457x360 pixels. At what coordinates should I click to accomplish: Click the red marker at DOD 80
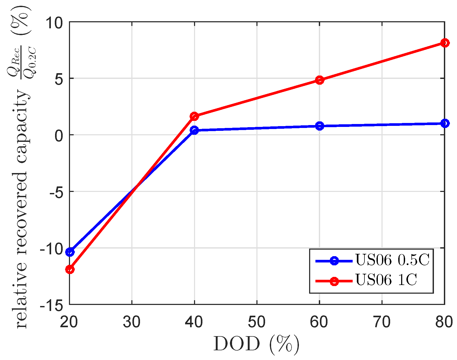[445, 43]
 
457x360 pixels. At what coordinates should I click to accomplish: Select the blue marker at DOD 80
[445, 123]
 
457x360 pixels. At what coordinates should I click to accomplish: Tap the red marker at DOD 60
[319, 80]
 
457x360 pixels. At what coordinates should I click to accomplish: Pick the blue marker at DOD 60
[319, 126]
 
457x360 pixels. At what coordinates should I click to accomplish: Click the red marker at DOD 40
[194, 116]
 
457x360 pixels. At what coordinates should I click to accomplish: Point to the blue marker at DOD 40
[194, 130]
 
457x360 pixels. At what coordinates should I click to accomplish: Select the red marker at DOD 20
[70, 269]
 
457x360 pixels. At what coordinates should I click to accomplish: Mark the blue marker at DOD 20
[70, 252]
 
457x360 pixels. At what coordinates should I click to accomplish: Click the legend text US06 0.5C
[392, 260]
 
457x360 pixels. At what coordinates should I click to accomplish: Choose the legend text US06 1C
[386, 280]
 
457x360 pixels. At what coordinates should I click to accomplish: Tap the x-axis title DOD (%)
[256, 344]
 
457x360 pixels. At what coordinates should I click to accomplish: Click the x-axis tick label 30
[132, 322]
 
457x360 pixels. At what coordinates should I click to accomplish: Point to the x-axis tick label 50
[257, 322]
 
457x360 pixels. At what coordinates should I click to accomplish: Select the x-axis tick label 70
[382, 322]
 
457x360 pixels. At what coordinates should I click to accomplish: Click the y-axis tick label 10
[55, 23]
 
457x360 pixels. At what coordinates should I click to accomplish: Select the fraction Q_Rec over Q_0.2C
[21, 62]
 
